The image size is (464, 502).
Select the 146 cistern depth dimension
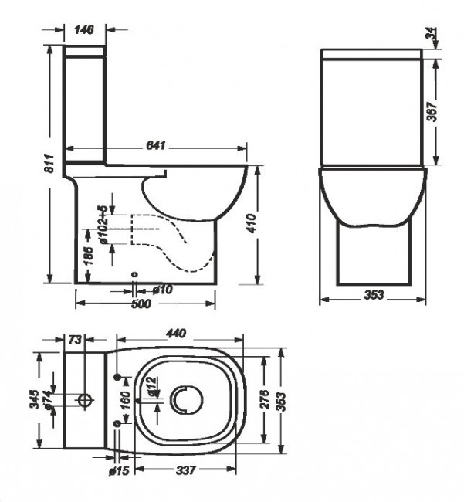tap(85, 30)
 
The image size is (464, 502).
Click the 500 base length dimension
tap(140, 304)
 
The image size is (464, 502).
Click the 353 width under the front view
tap(372, 297)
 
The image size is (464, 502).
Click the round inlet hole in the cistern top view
tap(86, 399)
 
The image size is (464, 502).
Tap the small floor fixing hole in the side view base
tap(134, 274)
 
